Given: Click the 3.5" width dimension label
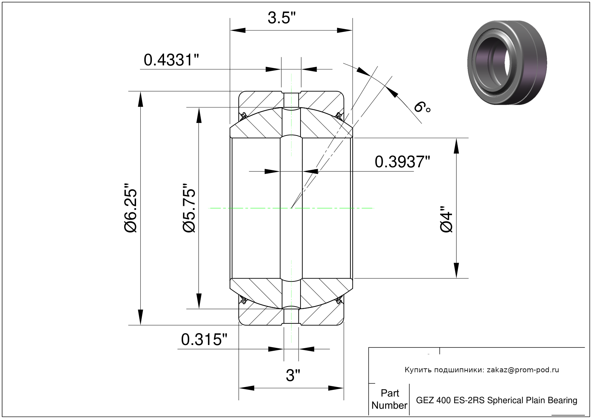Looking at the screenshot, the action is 281,18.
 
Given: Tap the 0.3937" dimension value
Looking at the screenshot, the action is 402,162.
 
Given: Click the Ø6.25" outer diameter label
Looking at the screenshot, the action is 131,208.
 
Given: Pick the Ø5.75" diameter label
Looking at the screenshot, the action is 189,208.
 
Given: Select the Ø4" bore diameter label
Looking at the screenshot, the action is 446,219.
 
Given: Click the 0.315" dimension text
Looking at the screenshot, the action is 204,339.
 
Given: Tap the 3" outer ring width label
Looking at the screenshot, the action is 293,376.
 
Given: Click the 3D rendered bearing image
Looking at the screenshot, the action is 507,63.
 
